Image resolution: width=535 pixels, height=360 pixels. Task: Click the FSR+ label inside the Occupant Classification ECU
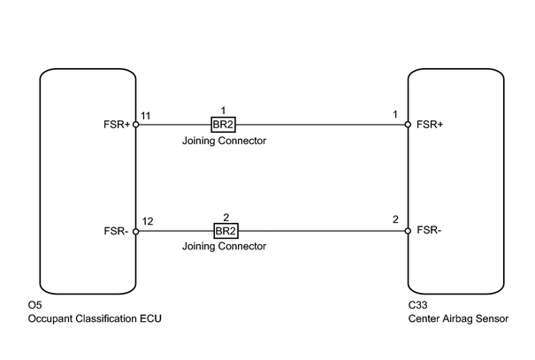coord(117,125)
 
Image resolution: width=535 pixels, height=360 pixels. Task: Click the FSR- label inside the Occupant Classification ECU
coord(116,231)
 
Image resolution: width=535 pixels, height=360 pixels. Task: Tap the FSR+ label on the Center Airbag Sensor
coord(430,125)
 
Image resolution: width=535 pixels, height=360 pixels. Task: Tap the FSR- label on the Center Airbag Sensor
coord(429,230)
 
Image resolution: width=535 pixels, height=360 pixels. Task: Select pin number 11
coord(146,116)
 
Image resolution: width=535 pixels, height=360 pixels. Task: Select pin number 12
coord(148,221)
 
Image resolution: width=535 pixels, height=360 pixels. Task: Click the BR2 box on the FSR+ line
coord(223,125)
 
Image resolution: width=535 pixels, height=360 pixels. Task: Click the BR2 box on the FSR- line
coord(225,231)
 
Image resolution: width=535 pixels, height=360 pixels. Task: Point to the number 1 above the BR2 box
coord(223,111)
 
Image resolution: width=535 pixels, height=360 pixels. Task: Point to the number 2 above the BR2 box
coord(225,218)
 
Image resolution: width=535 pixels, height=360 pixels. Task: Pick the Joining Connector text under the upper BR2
coord(224,141)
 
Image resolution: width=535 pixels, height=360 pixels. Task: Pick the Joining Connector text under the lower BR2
coord(224,246)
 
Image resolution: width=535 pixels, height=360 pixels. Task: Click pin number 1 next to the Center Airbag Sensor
coord(395,114)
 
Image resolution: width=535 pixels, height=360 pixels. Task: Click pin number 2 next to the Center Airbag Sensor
coord(395,219)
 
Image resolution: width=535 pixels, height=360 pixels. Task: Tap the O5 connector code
coord(34,305)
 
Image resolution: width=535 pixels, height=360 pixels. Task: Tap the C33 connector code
coord(417,305)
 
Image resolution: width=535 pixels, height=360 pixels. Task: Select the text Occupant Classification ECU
coord(95,318)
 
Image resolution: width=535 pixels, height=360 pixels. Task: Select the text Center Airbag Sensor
coord(458,318)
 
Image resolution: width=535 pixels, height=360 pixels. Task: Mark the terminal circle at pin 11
coord(136,125)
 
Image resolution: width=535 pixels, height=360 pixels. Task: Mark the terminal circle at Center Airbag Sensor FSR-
coord(408,231)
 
